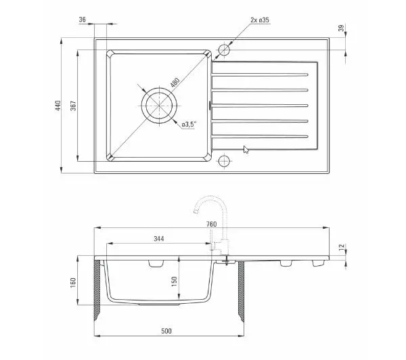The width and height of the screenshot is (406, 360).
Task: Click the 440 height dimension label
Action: coord(58,106)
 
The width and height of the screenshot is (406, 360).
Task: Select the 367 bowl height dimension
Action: coord(74,106)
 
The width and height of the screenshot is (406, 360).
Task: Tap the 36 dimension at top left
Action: coord(83,20)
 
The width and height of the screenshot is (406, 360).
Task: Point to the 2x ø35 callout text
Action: coord(260,20)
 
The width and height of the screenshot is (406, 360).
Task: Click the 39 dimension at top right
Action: coord(342,28)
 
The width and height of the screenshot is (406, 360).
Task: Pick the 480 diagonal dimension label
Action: coord(175,82)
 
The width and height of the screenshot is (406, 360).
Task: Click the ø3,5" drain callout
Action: coord(189,125)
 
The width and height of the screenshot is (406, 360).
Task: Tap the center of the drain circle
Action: coord(159,106)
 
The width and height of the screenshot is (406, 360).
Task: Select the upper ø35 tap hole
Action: coord(224,49)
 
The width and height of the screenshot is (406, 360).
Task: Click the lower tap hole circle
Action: coord(224,161)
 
